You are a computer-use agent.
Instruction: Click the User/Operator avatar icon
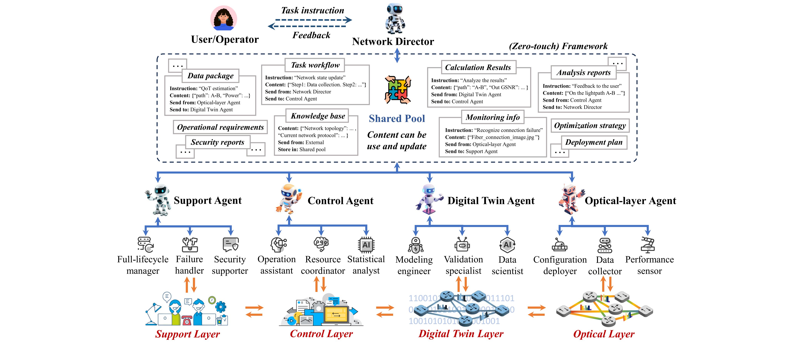click(224, 18)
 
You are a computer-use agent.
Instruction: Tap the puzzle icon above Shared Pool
click(398, 90)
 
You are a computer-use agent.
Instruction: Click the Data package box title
click(210, 76)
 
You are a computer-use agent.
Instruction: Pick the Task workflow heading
click(315, 65)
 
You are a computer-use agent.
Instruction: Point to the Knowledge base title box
click(318, 116)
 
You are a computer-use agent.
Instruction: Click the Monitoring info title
click(493, 117)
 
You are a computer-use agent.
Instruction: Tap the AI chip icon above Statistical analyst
click(366, 245)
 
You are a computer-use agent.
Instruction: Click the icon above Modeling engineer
click(415, 245)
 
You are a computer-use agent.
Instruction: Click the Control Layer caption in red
click(321, 334)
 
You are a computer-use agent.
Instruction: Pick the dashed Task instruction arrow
click(313, 20)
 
